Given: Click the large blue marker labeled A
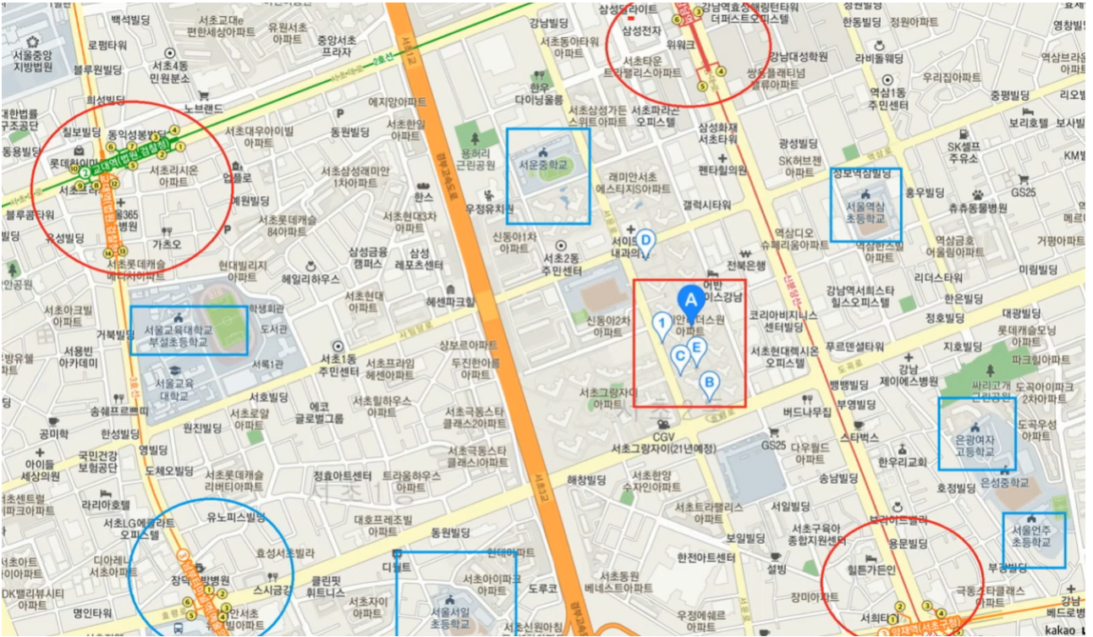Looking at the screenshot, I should point(690,300).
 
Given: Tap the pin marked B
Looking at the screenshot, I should point(709,383).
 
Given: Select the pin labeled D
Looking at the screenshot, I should point(645,241).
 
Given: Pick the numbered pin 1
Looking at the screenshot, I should point(662,323).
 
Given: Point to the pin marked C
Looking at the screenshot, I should point(679,356).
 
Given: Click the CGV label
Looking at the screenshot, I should point(662,437).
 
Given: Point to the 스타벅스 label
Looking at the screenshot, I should point(859,437).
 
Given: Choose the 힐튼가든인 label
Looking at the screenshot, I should point(871,570).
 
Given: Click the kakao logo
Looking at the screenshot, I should point(1059,629).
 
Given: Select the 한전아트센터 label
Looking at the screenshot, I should point(706,558).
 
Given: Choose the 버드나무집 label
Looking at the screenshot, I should point(806,412).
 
